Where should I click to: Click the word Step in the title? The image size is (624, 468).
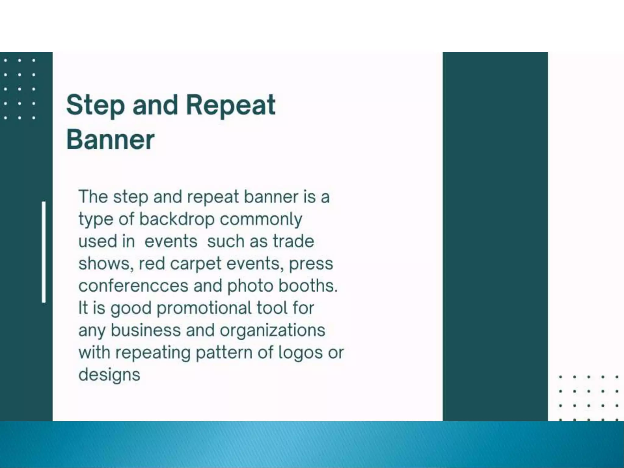click(x=95, y=105)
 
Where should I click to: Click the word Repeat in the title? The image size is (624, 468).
click(x=230, y=105)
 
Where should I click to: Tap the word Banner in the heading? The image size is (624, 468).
click(x=110, y=140)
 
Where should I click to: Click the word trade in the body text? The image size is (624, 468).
click(x=293, y=241)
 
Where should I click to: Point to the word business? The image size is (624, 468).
click(x=146, y=330)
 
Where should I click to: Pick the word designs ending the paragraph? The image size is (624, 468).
click(x=109, y=375)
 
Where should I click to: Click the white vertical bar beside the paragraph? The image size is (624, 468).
click(x=44, y=252)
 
